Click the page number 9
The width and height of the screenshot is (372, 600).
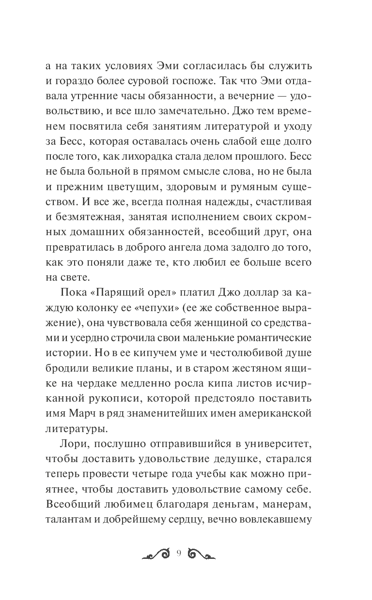pos(179,554)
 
